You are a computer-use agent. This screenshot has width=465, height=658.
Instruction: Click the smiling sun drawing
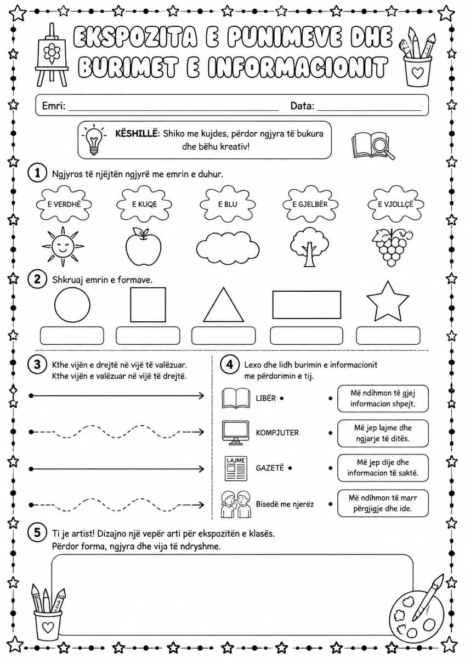click(63, 246)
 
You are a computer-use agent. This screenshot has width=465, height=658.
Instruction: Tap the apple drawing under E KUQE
click(143, 246)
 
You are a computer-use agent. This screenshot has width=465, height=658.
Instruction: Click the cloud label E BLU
click(228, 204)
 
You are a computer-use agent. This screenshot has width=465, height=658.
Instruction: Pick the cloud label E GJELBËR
click(310, 204)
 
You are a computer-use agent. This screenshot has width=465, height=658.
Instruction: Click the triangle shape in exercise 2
click(224, 305)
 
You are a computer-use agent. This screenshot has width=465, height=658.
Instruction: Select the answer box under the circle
click(72, 336)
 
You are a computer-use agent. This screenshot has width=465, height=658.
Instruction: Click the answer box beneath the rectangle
click(307, 336)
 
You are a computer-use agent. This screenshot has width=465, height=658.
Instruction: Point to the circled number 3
click(37, 365)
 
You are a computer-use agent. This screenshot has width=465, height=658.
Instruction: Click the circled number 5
click(37, 532)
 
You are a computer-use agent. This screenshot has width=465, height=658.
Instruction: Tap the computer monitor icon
click(235, 433)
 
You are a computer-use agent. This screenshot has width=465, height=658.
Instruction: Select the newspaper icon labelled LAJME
click(236, 468)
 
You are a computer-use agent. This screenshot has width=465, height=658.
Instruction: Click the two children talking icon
click(236, 504)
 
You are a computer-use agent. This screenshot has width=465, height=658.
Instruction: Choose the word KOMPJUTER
click(277, 433)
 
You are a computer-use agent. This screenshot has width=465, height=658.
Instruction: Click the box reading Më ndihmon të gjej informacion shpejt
click(383, 398)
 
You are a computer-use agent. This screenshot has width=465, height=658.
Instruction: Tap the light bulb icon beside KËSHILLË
click(94, 139)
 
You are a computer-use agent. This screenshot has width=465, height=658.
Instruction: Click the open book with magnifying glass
click(373, 145)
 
